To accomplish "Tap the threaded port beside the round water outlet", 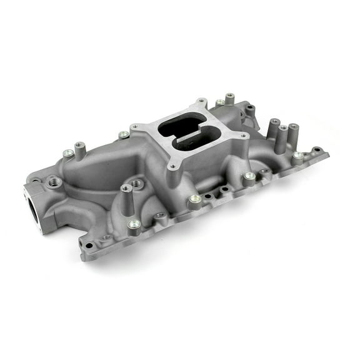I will (x=53, y=181).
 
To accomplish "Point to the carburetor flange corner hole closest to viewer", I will (x=172, y=167).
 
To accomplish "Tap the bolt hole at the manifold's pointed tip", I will (x=317, y=150).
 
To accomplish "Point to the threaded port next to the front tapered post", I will (x=137, y=184).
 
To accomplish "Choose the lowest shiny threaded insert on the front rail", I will (x=133, y=224).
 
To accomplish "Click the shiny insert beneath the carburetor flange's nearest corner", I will (x=195, y=199).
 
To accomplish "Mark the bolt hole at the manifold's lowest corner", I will (x=89, y=245).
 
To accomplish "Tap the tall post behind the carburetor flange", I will (x=230, y=98).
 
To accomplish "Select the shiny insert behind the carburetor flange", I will (x=220, y=102).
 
